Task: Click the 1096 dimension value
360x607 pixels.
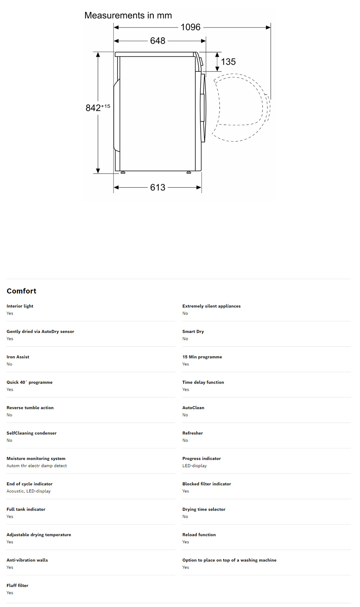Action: tap(190, 27)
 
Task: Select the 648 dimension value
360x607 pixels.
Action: tap(158, 41)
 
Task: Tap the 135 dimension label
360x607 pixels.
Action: tap(228, 62)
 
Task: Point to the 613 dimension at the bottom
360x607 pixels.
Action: tap(158, 187)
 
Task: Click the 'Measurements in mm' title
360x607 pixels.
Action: tap(128, 15)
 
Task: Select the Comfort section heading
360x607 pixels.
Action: tap(22, 291)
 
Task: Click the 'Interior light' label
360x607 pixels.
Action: tap(20, 306)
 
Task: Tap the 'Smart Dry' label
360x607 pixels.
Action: tap(193, 332)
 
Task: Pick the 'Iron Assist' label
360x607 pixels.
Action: tap(18, 357)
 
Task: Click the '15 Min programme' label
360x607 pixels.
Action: tap(202, 357)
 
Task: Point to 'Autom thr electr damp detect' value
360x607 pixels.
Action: tap(37, 466)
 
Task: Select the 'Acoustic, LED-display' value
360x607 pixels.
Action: tap(28, 491)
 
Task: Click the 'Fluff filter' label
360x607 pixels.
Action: tap(17, 585)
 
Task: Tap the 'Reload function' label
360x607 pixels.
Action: tap(199, 535)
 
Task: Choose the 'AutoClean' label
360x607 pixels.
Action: tap(193, 408)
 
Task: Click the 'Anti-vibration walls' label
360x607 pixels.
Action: tap(27, 560)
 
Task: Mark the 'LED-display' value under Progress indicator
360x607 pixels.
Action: tap(194, 466)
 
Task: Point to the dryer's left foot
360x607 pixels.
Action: tap(123, 173)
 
